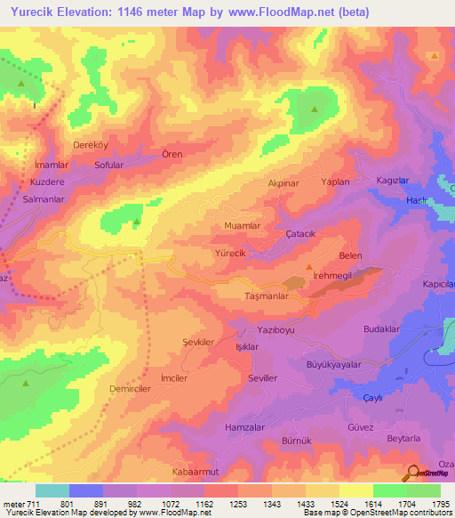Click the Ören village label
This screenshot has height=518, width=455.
(172, 154)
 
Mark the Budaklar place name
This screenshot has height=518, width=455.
(383, 329)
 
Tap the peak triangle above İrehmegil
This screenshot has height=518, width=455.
(309, 267)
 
